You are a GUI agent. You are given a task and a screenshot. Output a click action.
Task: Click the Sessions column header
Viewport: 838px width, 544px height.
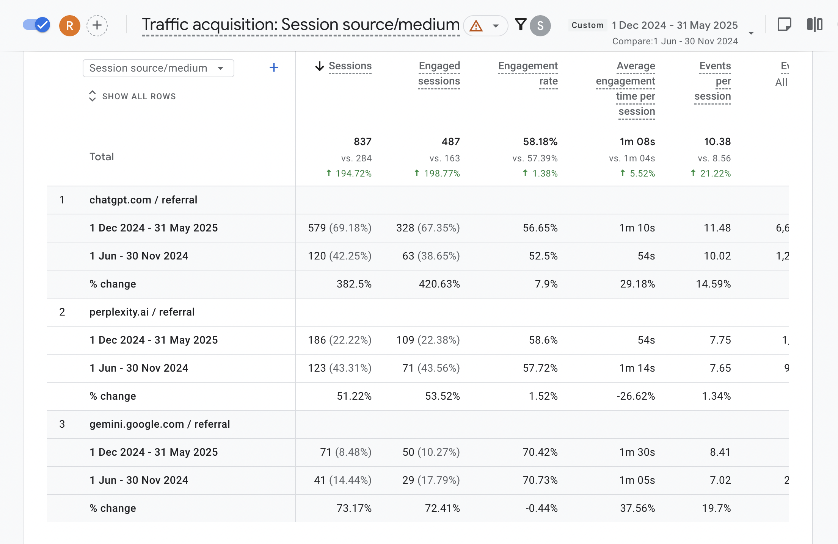tap(350, 66)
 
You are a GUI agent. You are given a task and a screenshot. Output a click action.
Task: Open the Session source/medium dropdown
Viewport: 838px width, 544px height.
tap(158, 68)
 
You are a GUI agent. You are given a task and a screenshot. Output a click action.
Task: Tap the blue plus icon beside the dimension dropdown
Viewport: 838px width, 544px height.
tap(274, 68)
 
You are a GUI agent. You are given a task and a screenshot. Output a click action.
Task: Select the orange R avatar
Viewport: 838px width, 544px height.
tap(70, 26)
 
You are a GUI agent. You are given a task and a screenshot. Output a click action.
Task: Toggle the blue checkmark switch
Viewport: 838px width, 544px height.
tap(36, 25)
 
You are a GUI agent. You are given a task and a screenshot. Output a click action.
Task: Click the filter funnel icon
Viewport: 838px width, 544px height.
tap(521, 25)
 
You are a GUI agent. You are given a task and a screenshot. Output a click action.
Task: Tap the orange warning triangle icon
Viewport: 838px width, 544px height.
tap(476, 26)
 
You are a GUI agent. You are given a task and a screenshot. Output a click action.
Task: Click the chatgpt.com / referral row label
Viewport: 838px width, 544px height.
tap(143, 200)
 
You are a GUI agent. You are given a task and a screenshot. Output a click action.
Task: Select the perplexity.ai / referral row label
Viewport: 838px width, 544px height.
tap(142, 312)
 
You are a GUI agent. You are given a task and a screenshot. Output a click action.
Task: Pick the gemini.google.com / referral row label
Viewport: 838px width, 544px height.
tap(160, 424)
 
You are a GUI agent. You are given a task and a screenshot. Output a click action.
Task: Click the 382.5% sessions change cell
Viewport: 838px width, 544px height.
tap(354, 284)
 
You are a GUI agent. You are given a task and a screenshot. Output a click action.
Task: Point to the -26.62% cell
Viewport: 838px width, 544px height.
tap(636, 396)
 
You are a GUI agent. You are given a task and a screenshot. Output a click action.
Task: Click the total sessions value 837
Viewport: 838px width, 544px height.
tap(362, 142)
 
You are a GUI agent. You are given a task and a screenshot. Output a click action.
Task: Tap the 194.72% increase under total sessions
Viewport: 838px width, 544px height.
tap(353, 174)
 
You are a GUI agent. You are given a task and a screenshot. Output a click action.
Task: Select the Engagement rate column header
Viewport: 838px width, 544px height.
tap(528, 73)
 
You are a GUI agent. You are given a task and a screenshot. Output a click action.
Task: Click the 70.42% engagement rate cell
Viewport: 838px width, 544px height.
tap(540, 452)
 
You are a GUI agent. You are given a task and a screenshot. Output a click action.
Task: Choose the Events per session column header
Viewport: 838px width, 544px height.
tap(713, 81)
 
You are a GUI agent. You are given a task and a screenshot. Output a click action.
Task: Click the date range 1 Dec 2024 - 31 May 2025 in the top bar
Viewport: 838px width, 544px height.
tap(675, 25)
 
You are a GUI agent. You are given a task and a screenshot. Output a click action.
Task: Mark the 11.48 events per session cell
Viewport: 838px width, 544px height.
tap(717, 228)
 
